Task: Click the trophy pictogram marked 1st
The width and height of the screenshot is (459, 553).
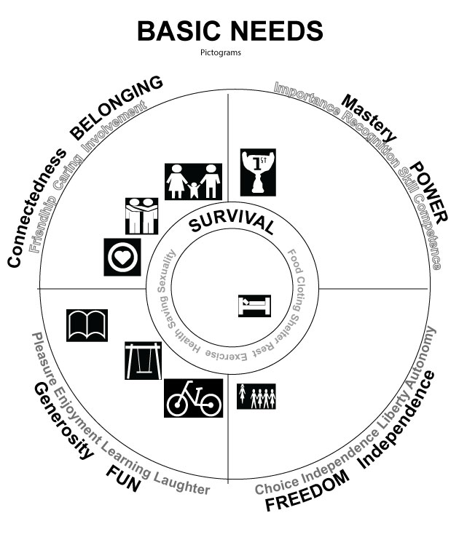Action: click(258, 172)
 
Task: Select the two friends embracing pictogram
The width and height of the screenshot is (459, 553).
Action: click(141, 215)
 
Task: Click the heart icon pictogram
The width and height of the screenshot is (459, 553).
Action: click(122, 257)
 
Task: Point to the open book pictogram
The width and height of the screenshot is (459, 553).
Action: click(87, 325)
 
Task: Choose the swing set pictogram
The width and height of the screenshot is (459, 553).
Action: click(143, 360)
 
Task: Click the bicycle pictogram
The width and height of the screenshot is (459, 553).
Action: click(193, 398)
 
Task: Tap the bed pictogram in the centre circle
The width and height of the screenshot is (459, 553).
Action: click(254, 305)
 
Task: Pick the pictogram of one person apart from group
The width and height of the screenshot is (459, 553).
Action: click(256, 397)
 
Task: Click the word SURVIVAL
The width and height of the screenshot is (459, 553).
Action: click(231, 221)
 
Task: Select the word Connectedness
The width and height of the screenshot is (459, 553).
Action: click(36, 207)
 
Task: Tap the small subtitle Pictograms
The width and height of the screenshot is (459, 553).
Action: click(229, 52)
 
